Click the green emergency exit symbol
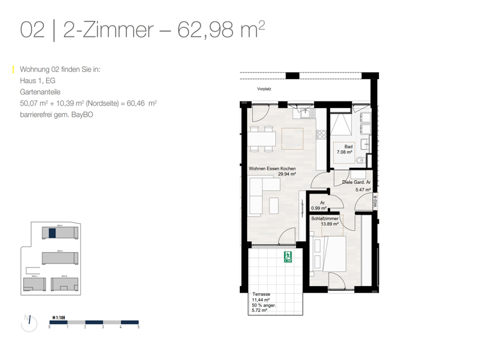coord(288,258)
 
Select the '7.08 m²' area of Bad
coord(345,152)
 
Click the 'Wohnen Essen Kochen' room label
coord(272,168)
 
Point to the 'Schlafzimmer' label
coord(325,219)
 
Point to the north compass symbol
coord(29,323)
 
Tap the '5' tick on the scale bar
coord(138,327)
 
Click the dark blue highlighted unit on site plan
coord(52,233)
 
